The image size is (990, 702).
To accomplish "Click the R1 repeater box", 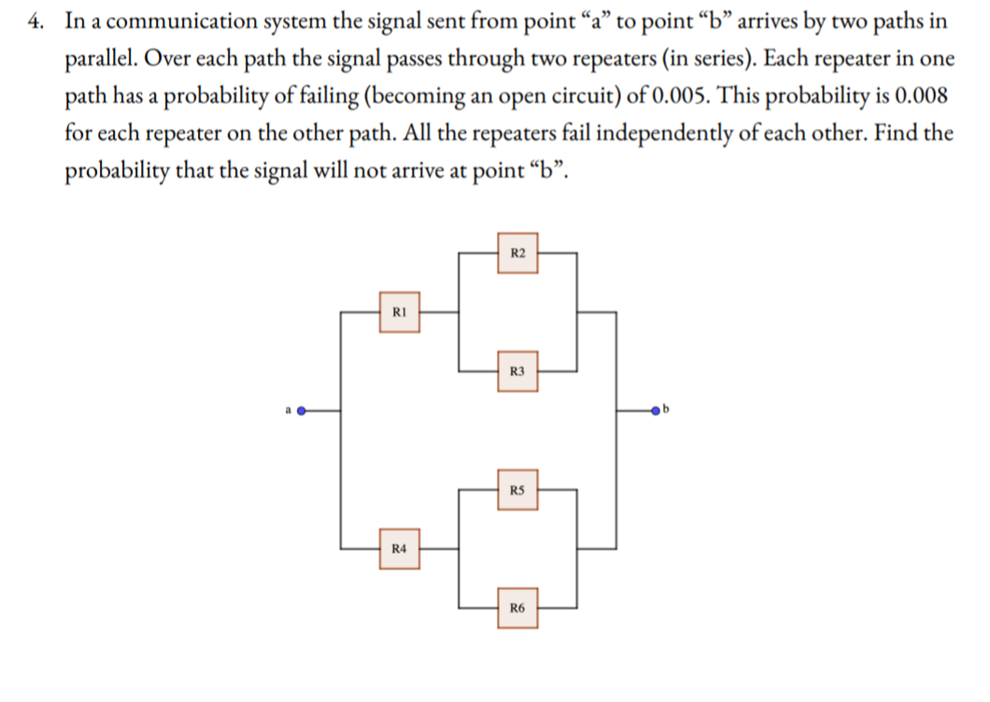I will click(x=399, y=312).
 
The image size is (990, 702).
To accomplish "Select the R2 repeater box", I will click(x=519, y=253).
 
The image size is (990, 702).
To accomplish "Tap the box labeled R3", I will click(x=519, y=371).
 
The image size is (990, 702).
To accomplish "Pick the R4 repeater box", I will click(x=399, y=547).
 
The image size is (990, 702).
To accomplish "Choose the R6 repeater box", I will click(x=519, y=608).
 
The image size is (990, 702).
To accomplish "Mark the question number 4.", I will click(x=34, y=22).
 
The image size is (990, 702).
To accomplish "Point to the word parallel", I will click(x=98, y=60).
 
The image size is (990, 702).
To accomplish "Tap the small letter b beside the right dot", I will click(x=665, y=408).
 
